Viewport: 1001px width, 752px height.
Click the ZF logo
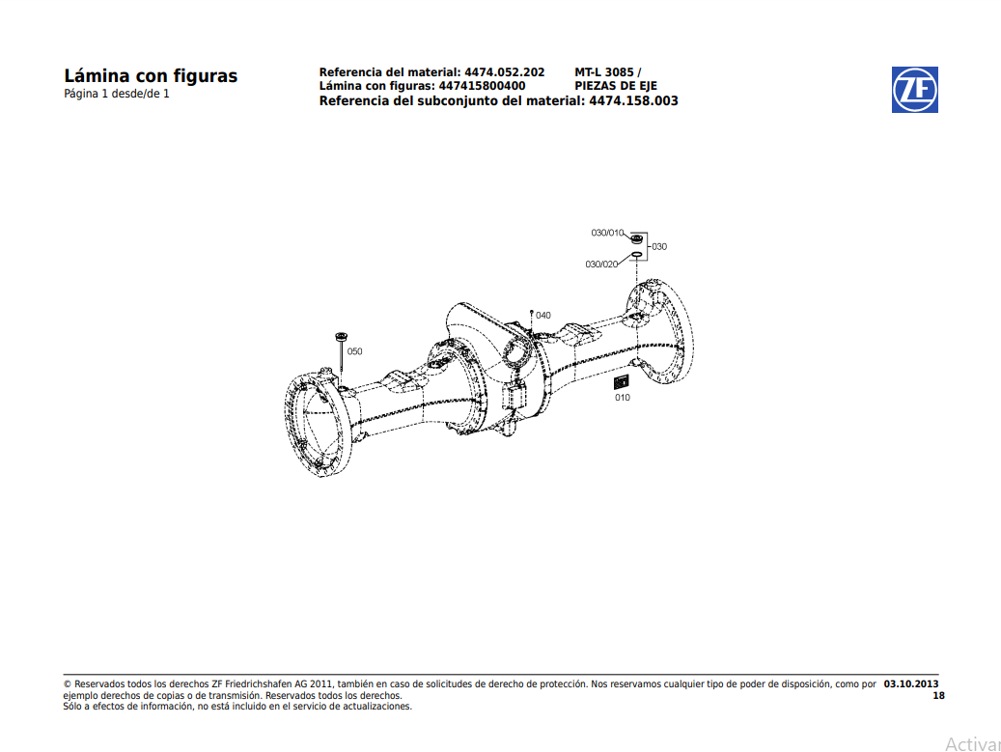(914, 90)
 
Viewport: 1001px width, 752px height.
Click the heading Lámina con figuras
(150, 76)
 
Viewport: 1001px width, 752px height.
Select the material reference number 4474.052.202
(504, 72)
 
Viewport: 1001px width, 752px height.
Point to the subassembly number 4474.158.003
(633, 100)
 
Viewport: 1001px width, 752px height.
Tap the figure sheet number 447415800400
(482, 86)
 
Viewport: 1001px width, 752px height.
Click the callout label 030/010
(607, 233)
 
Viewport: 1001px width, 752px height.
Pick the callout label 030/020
(601, 264)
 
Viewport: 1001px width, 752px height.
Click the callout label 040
(543, 316)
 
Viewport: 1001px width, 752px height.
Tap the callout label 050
(354, 351)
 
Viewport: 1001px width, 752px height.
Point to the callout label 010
(622, 398)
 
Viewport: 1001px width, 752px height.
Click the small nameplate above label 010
(622, 383)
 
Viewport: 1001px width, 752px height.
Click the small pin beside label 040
(532, 316)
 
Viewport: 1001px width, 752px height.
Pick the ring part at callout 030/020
(636, 257)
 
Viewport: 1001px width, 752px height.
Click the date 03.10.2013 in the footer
(910, 683)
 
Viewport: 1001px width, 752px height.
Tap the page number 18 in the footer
(938, 695)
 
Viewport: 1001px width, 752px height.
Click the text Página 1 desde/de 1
(116, 94)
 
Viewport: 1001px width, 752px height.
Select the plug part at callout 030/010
(636, 237)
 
